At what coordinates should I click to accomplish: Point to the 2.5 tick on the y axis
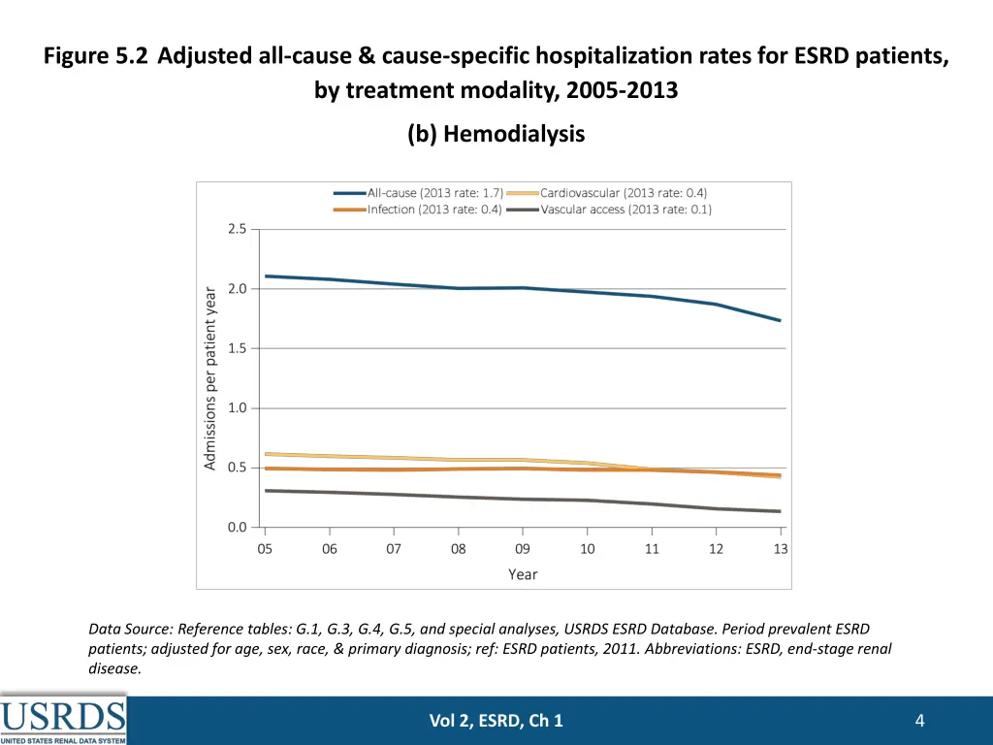pyautogui.click(x=238, y=229)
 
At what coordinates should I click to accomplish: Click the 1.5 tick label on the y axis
pyautogui.click(x=238, y=348)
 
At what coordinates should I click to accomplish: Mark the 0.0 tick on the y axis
pyautogui.click(x=238, y=528)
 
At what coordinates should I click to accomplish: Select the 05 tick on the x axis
pyautogui.click(x=265, y=549)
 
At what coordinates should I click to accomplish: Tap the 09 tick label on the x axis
pyautogui.click(x=523, y=549)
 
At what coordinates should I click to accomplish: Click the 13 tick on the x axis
pyautogui.click(x=781, y=549)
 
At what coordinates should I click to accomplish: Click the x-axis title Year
pyautogui.click(x=523, y=574)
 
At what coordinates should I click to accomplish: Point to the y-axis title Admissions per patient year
pyautogui.click(x=210, y=378)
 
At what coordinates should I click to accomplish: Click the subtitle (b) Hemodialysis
pyautogui.click(x=496, y=134)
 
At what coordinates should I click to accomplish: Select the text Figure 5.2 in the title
pyautogui.click(x=95, y=55)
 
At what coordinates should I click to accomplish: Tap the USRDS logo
pyautogui.click(x=64, y=719)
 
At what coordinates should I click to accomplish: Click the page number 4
pyautogui.click(x=919, y=720)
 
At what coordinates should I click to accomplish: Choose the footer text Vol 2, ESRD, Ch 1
pyautogui.click(x=496, y=720)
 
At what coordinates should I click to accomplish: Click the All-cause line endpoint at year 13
pyautogui.click(x=781, y=321)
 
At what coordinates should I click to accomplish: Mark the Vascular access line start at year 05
pyautogui.click(x=266, y=491)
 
